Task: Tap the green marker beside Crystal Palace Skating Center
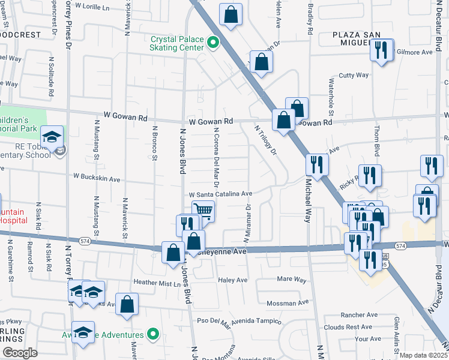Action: (x=212, y=43)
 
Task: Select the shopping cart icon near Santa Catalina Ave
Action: (x=203, y=211)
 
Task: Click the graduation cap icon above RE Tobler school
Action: (x=52, y=136)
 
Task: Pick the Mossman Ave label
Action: (x=287, y=303)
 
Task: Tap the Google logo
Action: (x=20, y=353)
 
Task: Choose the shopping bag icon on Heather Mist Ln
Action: (x=127, y=303)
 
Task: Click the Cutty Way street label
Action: (x=354, y=75)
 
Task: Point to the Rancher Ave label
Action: (x=358, y=314)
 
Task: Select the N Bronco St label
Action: (x=154, y=143)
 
